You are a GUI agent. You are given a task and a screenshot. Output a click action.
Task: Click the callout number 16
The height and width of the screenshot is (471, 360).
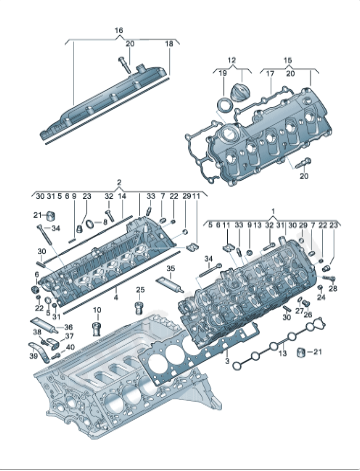coord(118,31)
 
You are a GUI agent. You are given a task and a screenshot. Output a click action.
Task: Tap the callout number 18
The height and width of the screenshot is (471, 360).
coord(169,45)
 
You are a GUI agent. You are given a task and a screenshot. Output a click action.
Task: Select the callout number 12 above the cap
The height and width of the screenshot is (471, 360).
coord(230,61)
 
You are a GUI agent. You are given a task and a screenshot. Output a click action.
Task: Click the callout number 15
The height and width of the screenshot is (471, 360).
coord(288,61)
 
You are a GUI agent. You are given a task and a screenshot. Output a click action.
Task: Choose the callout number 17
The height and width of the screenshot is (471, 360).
coord(268,73)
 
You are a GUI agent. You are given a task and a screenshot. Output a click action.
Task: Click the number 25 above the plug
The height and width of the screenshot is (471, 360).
coord(140,290)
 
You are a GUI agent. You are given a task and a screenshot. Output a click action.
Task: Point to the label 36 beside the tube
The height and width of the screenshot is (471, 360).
coord(68,326)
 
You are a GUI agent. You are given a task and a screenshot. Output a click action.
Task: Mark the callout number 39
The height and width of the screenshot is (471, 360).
coord(68,348)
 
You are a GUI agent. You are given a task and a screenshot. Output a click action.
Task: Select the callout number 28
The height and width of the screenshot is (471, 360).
coord(333,287)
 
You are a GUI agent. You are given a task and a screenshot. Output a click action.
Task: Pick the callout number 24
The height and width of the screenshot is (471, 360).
coord(320,298)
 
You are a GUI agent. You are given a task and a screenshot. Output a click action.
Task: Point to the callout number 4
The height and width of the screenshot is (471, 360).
coord(117,297)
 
